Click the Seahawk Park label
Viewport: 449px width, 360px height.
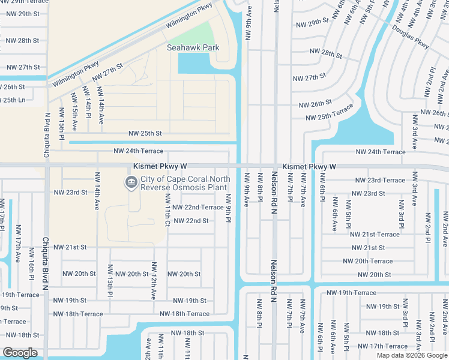(193, 47)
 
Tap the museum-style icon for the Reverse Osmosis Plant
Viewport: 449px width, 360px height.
(130, 182)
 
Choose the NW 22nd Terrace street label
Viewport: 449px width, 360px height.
(197, 207)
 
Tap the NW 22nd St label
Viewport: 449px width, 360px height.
(191, 221)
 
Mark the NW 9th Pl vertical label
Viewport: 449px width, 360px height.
(229, 206)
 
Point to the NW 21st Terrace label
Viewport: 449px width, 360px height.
(375, 235)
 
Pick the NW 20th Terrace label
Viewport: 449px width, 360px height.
(367, 261)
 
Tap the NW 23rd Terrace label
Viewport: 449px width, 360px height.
(380, 180)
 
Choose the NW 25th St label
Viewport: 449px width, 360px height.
(145, 133)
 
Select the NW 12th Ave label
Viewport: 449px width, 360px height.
(154, 281)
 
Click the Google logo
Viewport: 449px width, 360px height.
(20, 353)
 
